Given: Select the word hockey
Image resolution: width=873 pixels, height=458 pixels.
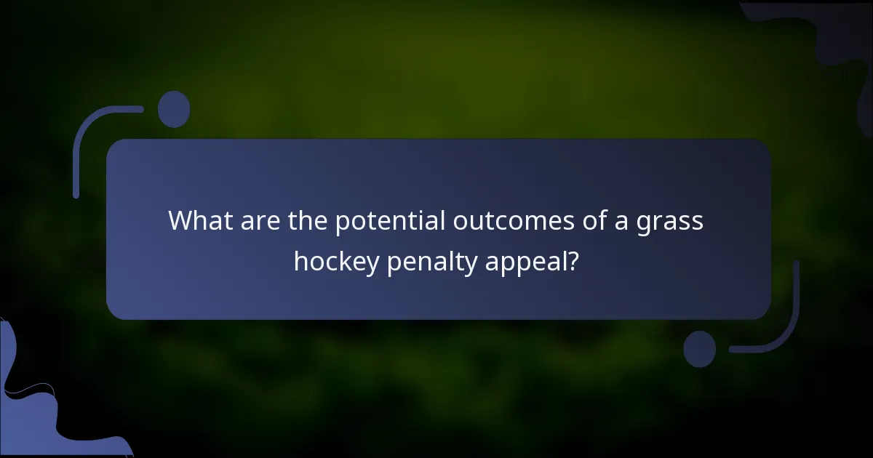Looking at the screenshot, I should [336, 262].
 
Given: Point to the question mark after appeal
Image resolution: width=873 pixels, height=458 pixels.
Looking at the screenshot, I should [574, 260].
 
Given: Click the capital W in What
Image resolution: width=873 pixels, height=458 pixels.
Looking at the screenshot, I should [179, 220].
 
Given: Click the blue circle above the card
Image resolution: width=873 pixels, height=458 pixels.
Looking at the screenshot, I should [174, 109].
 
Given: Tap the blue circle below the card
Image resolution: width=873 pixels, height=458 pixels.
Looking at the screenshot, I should [700, 349].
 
